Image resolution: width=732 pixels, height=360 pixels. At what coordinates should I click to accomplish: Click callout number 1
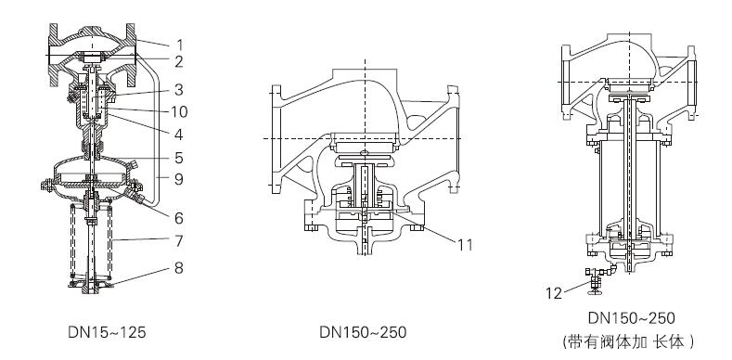click(179, 45)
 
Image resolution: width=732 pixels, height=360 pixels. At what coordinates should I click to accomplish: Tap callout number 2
click(179, 61)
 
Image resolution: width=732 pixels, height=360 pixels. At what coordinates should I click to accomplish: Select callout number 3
click(179, 90)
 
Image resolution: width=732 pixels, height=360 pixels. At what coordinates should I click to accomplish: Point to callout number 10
click(179, 111)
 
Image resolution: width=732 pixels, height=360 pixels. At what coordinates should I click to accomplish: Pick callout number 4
click(179, 135)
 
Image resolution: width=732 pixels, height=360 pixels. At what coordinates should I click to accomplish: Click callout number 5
click(179, 158)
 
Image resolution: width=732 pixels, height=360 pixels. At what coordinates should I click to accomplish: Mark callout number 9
click(179, 179)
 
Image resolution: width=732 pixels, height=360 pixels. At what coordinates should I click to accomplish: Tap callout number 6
click(179, 218)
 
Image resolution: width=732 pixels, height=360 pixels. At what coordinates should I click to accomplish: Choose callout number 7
click(179, 241)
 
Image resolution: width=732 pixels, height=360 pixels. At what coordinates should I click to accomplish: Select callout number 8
click(179, 268)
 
